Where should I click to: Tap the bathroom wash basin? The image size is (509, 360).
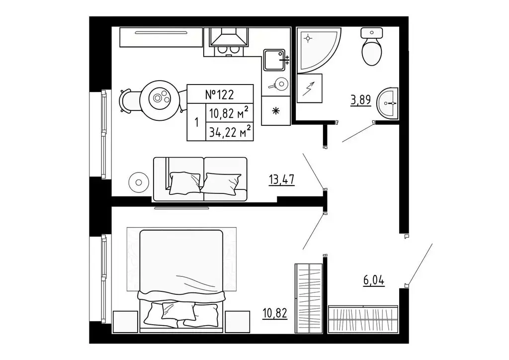[x=388, y=103]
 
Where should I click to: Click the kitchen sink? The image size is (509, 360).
[x=274, y=60]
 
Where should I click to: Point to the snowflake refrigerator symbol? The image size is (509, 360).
[x=275, y=111]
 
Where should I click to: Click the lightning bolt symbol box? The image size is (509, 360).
[x=309, y=89]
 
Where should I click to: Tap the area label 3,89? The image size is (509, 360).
[x=360, y=99]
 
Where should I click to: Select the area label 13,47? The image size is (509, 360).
[x=282, y=179]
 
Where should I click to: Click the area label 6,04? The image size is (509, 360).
[x=374, y=280]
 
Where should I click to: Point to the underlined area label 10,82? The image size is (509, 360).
[x=275, y=314]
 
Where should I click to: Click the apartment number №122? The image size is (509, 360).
[x=220, y=94]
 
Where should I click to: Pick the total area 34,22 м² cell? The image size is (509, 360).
[x=230, y=132]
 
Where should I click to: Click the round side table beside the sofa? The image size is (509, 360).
[x=139, y=182]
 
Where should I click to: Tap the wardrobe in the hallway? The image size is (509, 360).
[x=363, y=319]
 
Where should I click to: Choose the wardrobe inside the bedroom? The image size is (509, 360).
[x=309, y=298]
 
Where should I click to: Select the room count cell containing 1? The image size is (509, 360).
[x=196, y=122]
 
